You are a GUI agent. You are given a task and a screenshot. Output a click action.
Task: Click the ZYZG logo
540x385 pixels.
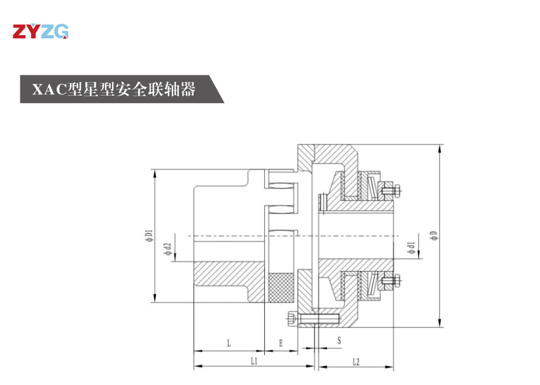(x=40, y=31)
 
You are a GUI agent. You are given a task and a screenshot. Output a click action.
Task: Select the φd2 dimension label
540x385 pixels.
(x=167, y=249)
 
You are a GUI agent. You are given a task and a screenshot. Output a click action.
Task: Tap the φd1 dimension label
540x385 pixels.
(x=412, y=248)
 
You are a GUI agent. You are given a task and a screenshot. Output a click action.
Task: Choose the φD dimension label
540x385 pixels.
(x=434, y=236)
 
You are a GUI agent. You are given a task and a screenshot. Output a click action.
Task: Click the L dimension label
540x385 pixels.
(x=229, y=343)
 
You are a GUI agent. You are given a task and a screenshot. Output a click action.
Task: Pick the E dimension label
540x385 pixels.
(x=280, y=343)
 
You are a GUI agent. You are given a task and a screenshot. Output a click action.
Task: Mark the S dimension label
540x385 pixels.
(x=338, y=341)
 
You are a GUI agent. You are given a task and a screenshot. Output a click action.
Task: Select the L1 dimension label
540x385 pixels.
(x=253, y=361)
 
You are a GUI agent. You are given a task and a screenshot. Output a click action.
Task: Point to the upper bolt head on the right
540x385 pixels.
(x=389, y=189)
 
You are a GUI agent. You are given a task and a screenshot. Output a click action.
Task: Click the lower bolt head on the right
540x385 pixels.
(x=389, y=280)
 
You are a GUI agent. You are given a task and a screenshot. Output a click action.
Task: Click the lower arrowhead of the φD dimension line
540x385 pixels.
(x=439, y=324)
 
